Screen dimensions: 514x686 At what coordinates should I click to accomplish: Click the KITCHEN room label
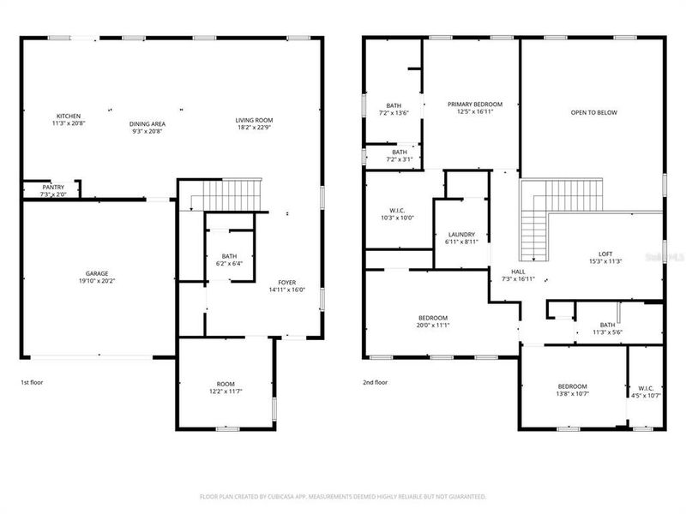coord(69,117)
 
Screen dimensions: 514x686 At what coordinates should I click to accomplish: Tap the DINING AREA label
coord(147,123)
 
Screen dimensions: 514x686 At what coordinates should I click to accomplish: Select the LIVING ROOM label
coord(255,120)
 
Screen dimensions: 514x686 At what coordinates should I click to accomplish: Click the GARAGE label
coord(96,273)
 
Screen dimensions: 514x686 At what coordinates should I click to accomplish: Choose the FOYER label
coord(286,283)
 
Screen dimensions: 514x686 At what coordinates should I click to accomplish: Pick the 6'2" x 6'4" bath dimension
coord(229,263)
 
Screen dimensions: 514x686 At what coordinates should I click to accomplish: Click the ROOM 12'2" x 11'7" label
coord(226,385)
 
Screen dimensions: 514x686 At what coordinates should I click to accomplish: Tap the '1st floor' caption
coord(33,382)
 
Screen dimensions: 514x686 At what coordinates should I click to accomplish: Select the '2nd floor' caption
coord(376,382)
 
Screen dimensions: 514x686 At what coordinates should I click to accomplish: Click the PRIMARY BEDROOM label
coord(475,104)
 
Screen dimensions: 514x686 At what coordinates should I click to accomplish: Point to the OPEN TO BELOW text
coord(594,112)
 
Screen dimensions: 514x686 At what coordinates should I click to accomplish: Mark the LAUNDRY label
coord(461,235)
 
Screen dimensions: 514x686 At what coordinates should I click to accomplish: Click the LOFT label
coord(605,253)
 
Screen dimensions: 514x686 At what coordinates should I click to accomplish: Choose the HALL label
coord(519,272)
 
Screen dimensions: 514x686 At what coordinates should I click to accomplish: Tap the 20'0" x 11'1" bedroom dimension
coord(434,325)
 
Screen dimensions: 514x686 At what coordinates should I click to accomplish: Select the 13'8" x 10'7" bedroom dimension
coord(572,394)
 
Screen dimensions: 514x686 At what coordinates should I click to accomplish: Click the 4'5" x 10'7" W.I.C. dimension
coord(646,395)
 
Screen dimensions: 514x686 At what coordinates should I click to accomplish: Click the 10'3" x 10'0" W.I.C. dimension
coord(397,218)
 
